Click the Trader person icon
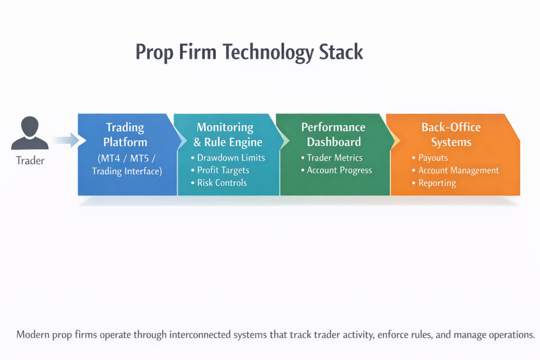(30, 133)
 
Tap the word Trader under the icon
(30, 161)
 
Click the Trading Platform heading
(126, 134)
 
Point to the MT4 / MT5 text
(126, 158)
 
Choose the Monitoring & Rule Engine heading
(225, 134)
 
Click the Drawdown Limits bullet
(228, 158)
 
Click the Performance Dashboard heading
(333, 134)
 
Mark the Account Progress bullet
(339, 170)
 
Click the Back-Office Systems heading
(451, 134)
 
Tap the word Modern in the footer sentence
(31, 335)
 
